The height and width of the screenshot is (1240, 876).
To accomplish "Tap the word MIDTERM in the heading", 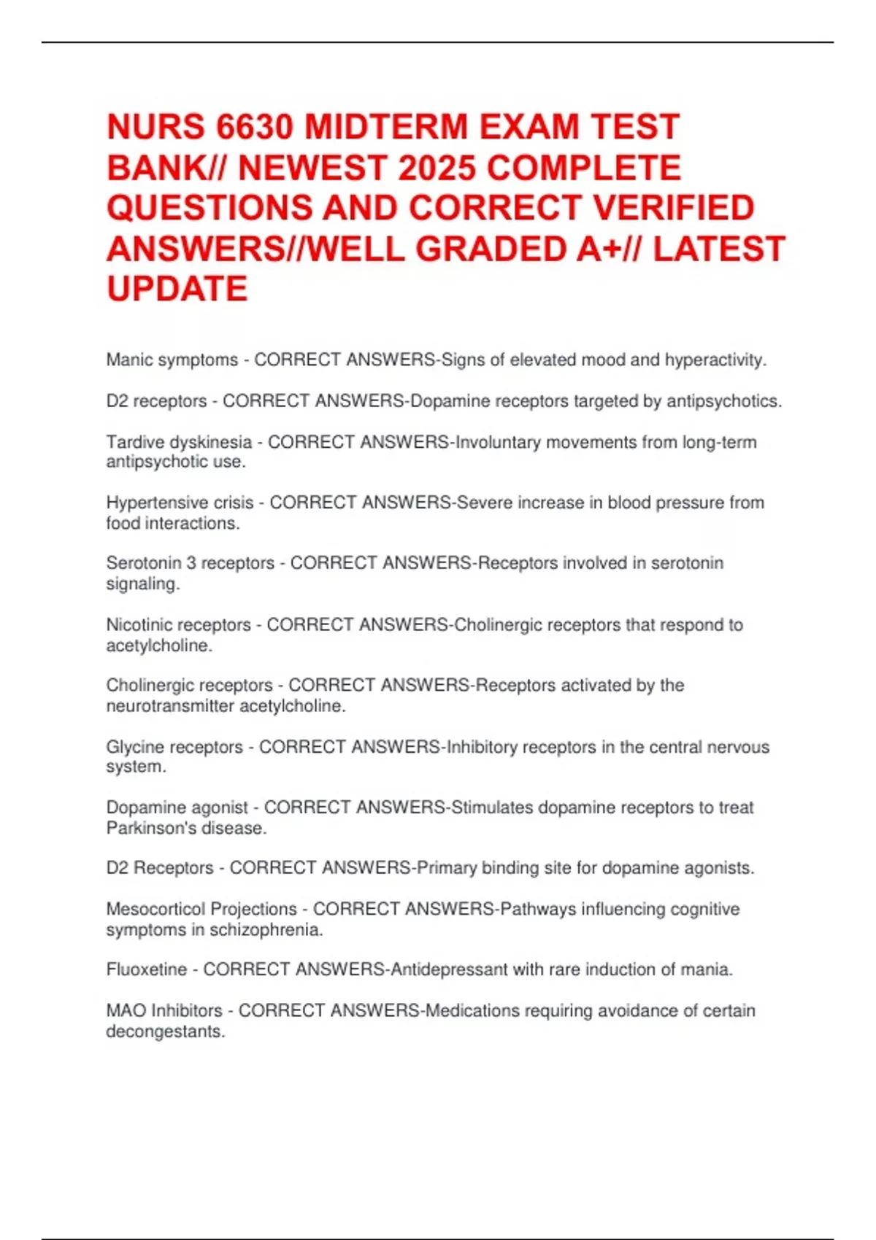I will pyautogui.click(x=385, y=127).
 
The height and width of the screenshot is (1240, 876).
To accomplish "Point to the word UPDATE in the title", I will pyautogui.click(x=177, y=289).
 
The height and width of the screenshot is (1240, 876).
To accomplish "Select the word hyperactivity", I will pyautogui.click(x=715, y=360).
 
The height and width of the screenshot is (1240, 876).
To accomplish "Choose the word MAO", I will pyautogui.click(x=126, y=1010).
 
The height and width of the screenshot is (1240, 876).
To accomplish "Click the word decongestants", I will pyautogui.click(x=166, y=1031).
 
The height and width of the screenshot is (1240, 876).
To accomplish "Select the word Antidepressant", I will pyautogui.click(x=449, y=969).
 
